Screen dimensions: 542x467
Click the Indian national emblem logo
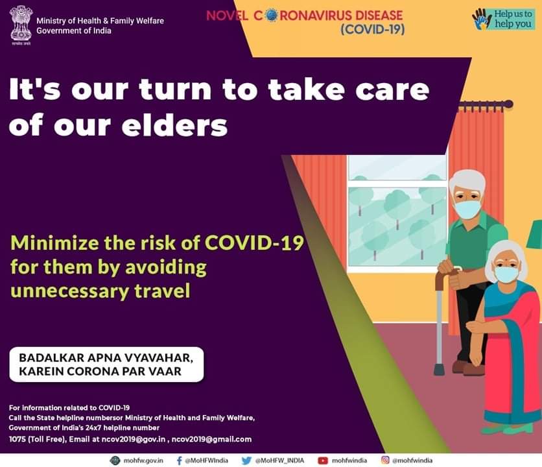[20, 25]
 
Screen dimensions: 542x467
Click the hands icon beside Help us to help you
[482, 19]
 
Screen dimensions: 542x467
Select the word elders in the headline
[174, 126]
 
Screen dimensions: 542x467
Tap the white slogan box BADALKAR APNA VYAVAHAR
[106, 365]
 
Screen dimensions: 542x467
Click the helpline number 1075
[17, 439]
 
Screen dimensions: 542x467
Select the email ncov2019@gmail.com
[211, 439]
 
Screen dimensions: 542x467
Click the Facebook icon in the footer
[179, 461]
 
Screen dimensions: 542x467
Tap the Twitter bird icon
[246, 461]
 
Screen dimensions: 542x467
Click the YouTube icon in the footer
[322, 461]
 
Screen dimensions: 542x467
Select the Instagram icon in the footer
[385, 460]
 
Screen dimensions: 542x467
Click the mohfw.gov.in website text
[143, 461]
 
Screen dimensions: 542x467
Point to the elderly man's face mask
[467, 210]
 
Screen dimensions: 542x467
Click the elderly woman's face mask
[506, 274]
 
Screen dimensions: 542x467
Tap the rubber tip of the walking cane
[439, 370]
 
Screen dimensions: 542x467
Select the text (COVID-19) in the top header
[372, 29]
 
